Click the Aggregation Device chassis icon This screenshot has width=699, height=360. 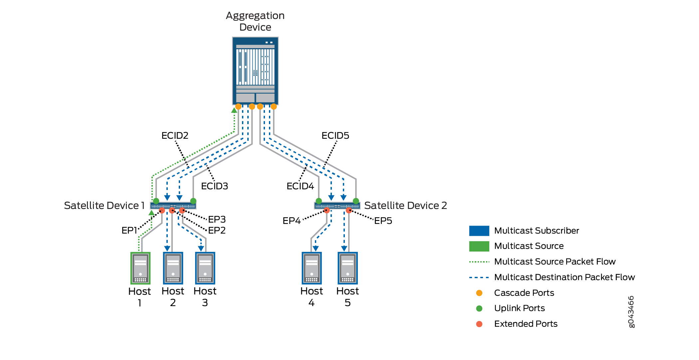(255, 71)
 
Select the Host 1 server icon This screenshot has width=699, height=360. (140, 268)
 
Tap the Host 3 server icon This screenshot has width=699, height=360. (205, 268)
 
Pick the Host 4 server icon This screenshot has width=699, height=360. (312, 268)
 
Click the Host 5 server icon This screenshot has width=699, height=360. (348, 268)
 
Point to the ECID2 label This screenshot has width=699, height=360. (175, 136)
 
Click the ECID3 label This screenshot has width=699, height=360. (214, 186)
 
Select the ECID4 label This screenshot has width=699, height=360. (300, 186)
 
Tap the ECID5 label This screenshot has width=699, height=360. (335, 136)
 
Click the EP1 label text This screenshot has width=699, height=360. (129, 230)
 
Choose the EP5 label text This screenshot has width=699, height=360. (383, 221)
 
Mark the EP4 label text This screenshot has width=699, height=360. (292, 221)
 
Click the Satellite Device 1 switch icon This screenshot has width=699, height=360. (173, 206)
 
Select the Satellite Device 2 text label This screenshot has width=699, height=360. (405, 206)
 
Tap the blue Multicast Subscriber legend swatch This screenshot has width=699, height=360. (479, 231)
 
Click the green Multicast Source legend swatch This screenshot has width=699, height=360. (479, 246)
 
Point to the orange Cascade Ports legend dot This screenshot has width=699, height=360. (479, 293)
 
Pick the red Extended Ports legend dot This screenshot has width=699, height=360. (479, 324)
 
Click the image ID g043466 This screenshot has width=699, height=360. (631, 312)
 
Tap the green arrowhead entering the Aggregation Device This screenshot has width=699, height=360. (234, 110)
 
